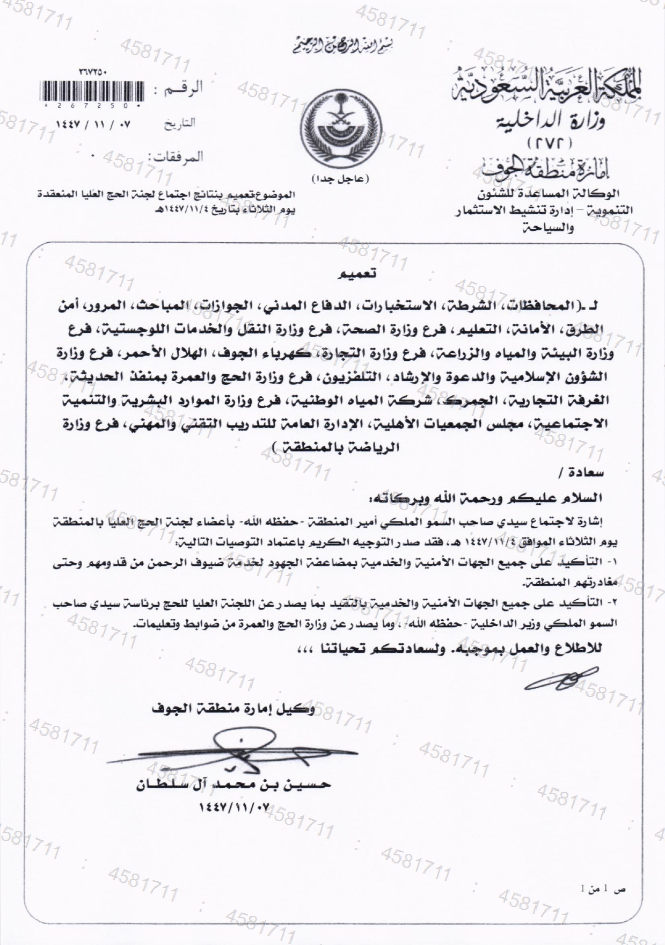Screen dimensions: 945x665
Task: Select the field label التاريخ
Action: pos(180,123)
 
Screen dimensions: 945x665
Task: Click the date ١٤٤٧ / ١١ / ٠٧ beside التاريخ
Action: pos(94,123)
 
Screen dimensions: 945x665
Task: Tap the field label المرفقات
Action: pos(178,157)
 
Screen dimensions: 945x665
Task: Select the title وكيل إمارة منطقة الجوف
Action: pos(232,708)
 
